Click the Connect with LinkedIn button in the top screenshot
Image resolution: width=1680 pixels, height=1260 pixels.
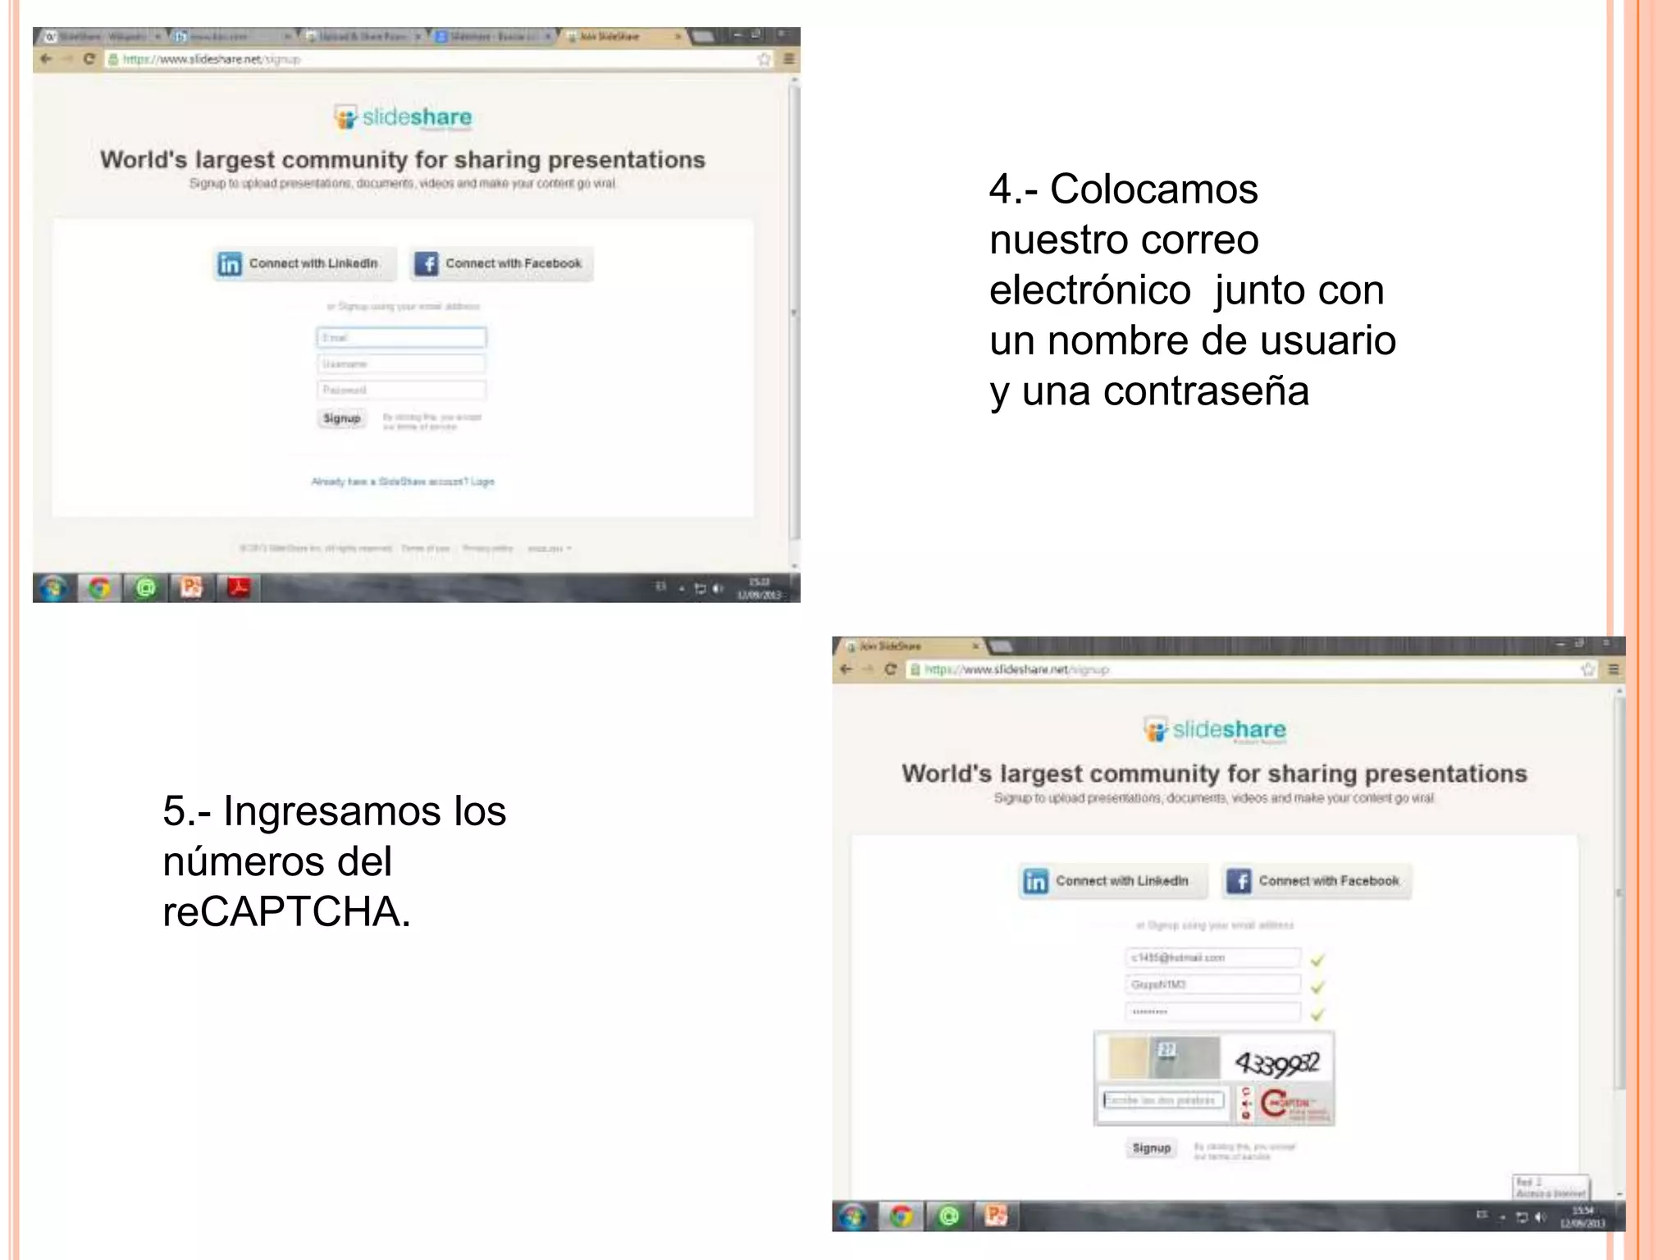click(304, 263)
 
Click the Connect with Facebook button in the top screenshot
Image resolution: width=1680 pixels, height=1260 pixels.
click(501, 263)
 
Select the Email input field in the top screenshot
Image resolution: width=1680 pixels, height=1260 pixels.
click(401, 337)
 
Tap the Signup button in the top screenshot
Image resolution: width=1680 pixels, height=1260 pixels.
click(341, 418)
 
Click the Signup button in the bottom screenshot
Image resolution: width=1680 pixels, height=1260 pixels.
click(1151, 1148)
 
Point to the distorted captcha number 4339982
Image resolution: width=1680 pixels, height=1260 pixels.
click(1277, 1064)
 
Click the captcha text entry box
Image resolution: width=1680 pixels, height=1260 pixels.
click(1163, 1100)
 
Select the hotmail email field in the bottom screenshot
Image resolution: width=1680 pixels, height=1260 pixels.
click(1212, 957)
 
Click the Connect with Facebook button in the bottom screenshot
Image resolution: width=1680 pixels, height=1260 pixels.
click(1316, 881)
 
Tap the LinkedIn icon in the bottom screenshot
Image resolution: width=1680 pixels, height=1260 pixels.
click(1035, 881)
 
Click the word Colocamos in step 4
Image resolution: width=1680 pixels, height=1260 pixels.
click(1153, 189)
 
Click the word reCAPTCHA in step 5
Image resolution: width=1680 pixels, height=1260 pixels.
click(286, 911)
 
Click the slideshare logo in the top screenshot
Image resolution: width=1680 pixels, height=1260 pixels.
click(404, 117)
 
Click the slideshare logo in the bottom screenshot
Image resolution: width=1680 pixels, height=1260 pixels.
click(1215, 729)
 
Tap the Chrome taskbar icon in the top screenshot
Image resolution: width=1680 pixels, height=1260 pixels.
click(99, 587)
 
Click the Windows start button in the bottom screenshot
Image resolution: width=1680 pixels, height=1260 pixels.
click(853, 1216)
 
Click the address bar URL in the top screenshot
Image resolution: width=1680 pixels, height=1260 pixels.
click(211, 59)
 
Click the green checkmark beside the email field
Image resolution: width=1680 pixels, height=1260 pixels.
click(1317, 959)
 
